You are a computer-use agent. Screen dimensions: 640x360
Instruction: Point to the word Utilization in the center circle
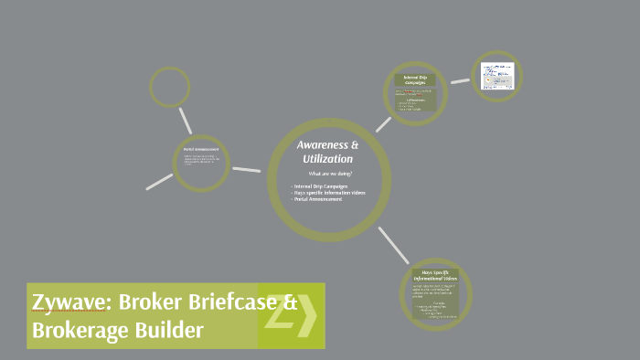pos(327,159)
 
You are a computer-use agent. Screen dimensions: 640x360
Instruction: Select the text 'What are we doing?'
pos(330,174)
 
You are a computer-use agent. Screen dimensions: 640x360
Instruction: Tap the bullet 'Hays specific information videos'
pos(329,193)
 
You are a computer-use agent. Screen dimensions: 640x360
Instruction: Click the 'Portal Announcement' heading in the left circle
pos(200,149)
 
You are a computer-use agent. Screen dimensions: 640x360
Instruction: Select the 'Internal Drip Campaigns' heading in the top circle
pos(417,79)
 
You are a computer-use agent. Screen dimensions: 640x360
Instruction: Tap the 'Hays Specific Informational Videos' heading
pos(436,275)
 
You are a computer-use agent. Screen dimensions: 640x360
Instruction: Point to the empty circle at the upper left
pos(170,88)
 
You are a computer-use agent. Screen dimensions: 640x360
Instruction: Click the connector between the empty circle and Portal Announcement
pos(186,121)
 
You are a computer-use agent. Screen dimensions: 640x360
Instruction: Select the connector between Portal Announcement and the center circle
pos(246,169)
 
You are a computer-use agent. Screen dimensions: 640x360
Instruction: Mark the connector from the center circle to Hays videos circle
pos(393,244)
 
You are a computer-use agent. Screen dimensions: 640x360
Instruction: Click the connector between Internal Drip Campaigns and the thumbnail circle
pos(460,81)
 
